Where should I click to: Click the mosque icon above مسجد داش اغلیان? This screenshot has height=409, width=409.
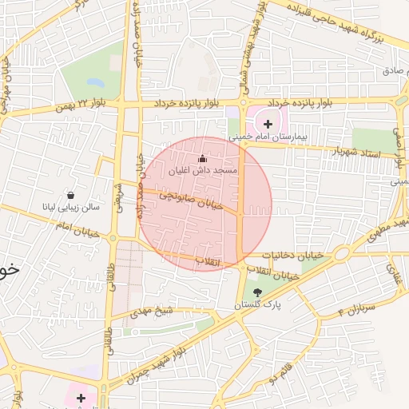(x=201, y=158)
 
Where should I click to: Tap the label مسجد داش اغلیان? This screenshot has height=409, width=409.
(x=203, y=171)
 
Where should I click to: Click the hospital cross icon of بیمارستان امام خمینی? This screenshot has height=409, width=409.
(x=267, y=124)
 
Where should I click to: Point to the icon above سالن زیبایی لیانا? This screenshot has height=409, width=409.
(x=71, y=195)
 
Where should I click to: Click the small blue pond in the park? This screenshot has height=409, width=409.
(x=95, y=82)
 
